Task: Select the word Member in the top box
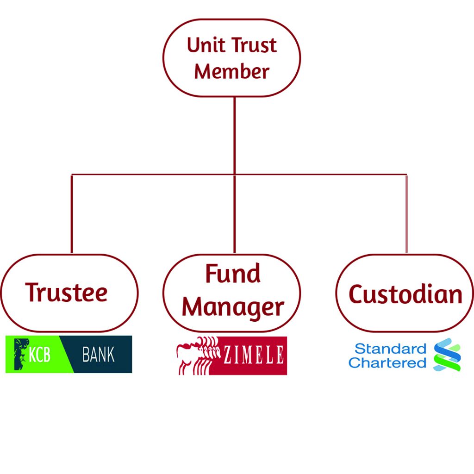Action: coord(231,72)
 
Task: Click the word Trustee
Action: coord(67,293)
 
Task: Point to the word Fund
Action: coord(232,274)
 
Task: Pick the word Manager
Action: coord(232,307)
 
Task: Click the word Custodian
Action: coord(405,294)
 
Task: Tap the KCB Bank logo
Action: coord(69,355)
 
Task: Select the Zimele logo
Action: coord(231,355)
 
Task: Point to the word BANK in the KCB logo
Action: coord(98,355)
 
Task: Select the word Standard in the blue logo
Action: coord(390,349)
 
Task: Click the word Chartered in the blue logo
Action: coord(387,362)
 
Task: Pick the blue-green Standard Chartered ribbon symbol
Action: coord(447,355)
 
